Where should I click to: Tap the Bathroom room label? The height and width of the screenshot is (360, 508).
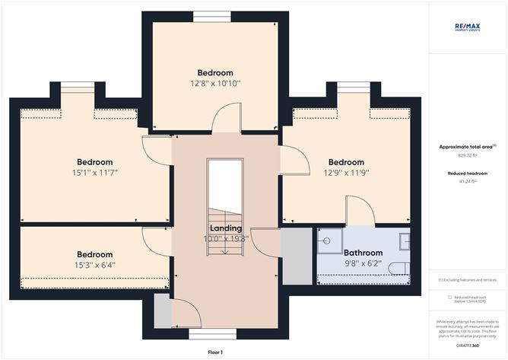(363, 253)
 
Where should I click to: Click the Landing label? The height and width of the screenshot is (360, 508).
(225, 228)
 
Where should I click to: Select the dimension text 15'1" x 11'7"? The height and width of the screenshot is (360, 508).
(95, 173)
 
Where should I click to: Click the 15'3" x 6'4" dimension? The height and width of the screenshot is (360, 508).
(95, 265)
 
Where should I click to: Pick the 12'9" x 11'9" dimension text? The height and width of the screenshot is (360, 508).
(346, 173)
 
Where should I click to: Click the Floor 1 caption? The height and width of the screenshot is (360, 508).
(217, 352)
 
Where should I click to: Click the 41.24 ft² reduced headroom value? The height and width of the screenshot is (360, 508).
(468, 182)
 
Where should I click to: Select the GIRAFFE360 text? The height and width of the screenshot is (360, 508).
(468, 345)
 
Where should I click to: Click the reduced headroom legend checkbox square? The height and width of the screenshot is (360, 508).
(450, 297)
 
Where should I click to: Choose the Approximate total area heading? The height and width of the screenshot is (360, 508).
(468, 146)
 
